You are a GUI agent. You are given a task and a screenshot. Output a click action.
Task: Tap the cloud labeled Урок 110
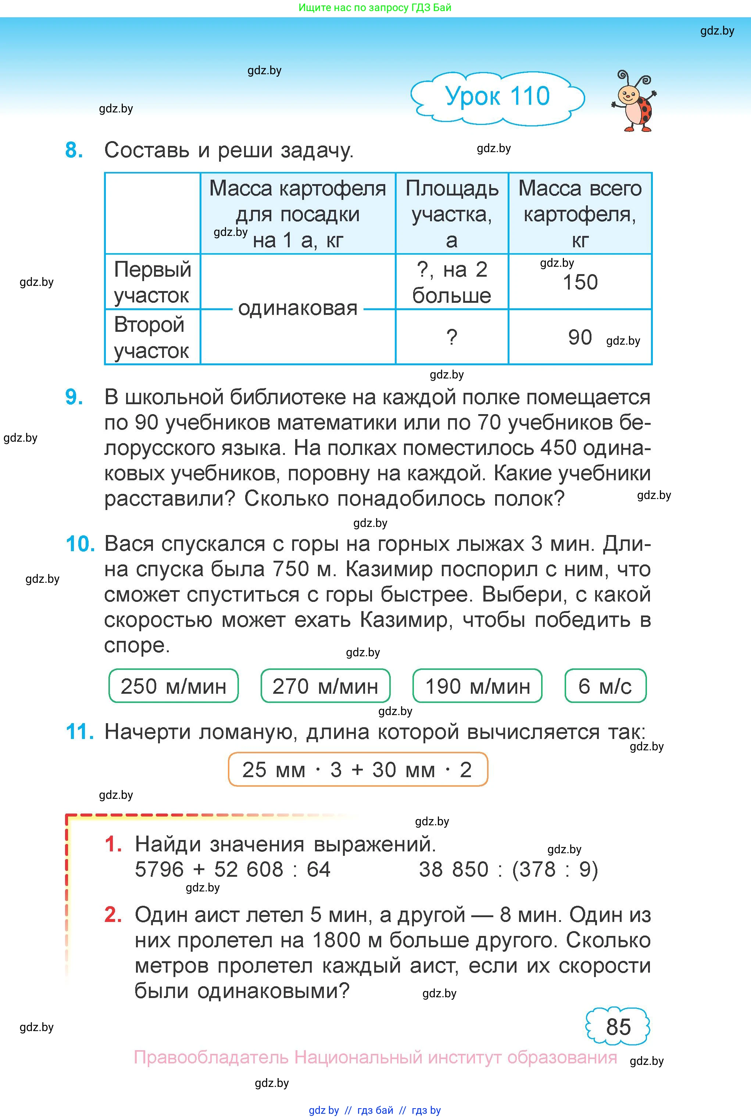pyautogui.click(x=497, y=97)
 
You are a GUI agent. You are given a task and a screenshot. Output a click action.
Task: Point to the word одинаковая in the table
pyautogui.click(x=297, y=309)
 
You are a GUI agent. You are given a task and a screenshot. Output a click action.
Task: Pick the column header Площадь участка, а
pyautogui.click(x=452, y=214)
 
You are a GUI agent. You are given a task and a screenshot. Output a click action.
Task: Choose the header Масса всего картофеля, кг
pyautogui.click(x=580, y=214)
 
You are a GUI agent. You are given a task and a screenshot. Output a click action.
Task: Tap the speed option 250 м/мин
pyautogui.click(x=174, y=686)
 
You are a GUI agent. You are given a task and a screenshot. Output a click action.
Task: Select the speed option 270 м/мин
pyautogui.click(x=325, y=686)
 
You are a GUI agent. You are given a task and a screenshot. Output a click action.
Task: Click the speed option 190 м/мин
pyautogui.click(x=478, y=686)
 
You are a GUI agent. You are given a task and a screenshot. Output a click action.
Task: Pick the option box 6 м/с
pyautogui.click(x=605, y=686)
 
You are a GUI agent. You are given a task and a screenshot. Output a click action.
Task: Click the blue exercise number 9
pyautogui.click(x=74, y=397)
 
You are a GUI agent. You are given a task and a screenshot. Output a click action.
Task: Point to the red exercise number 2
pyautogui.click(x=113, y=915)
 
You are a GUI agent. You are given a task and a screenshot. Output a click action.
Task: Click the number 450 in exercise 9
pyautogui.click(x=558, y=448)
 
